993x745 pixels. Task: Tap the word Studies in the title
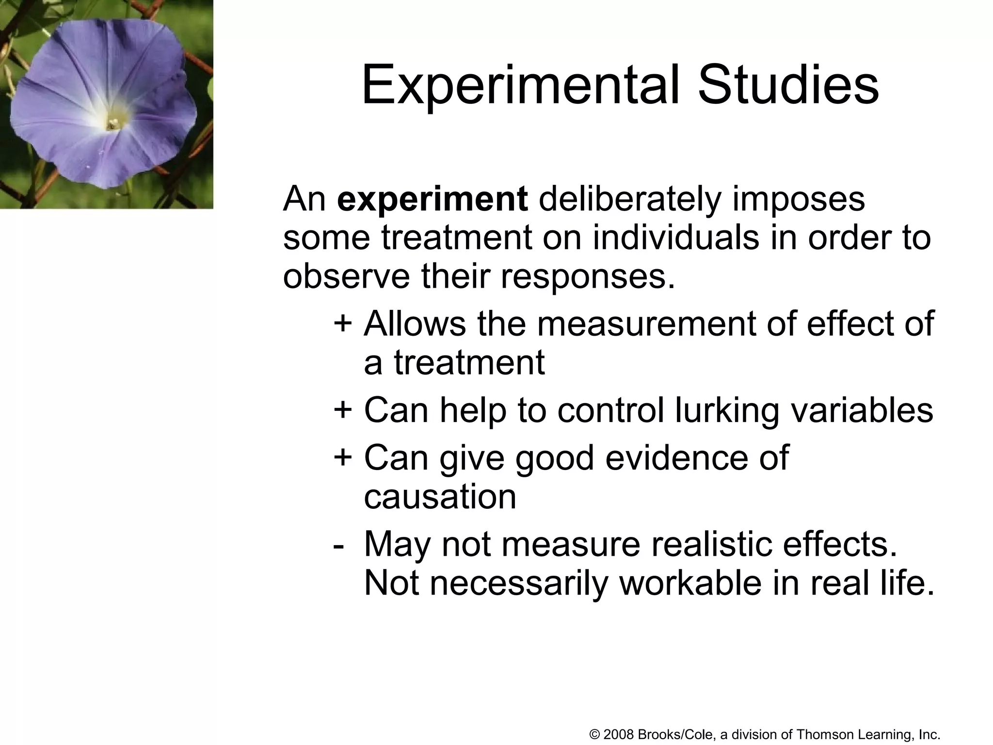pyautogui.click(x=788, y=85)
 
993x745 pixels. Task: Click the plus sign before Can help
pyautogui.click(x=342, y=409)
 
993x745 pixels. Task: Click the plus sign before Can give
pyautogui.click(x=342, y=457)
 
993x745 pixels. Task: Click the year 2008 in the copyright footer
pyautogui.click(x=619, y=734)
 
